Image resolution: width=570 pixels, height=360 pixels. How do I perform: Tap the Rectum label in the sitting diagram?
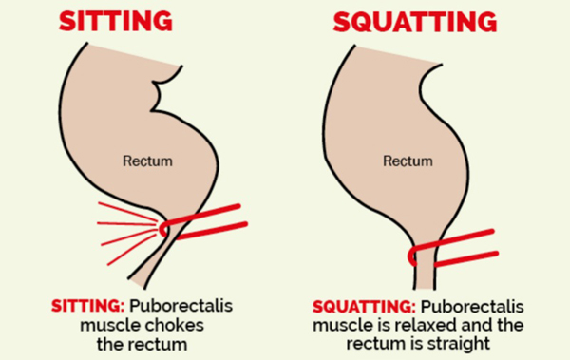point(148,161)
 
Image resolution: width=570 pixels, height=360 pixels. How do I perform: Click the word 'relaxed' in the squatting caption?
point(450,325)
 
